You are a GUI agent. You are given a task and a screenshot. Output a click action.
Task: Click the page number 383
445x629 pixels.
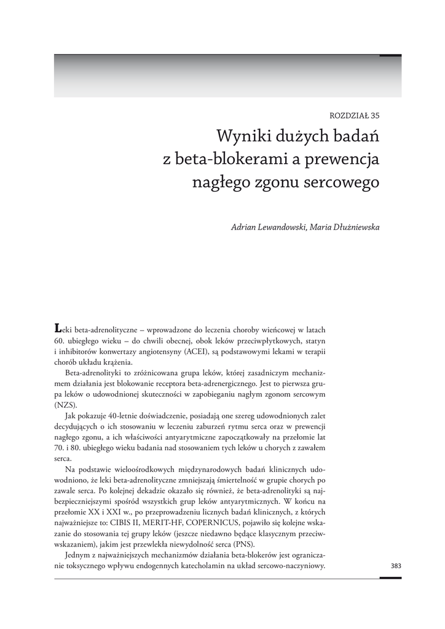click(x=395, y=566)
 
